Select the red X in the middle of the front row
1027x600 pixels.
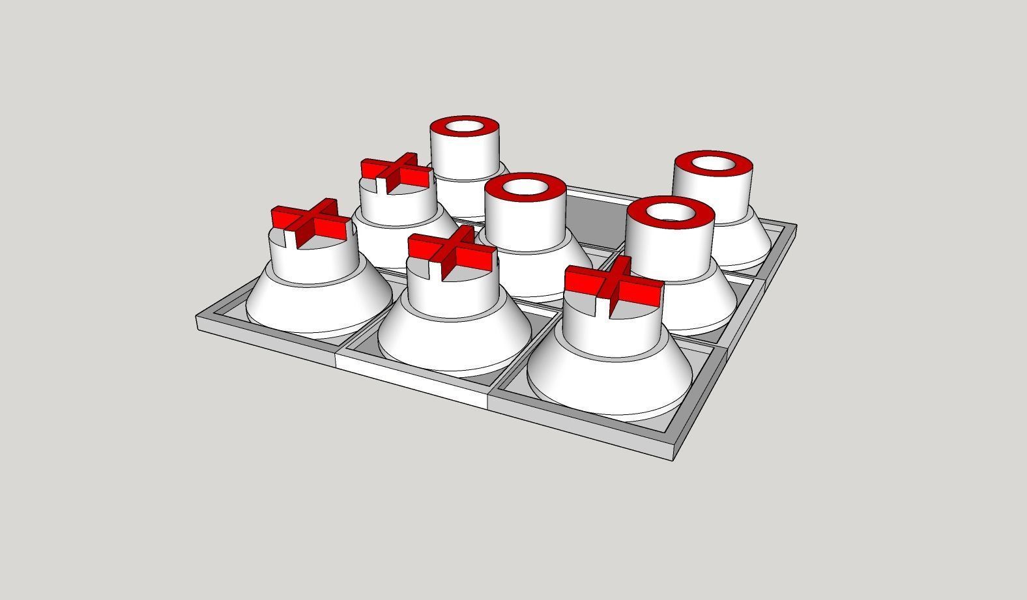(452, 253)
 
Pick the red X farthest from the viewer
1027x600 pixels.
(397, 172)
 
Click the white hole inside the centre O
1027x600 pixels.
(525, 188)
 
